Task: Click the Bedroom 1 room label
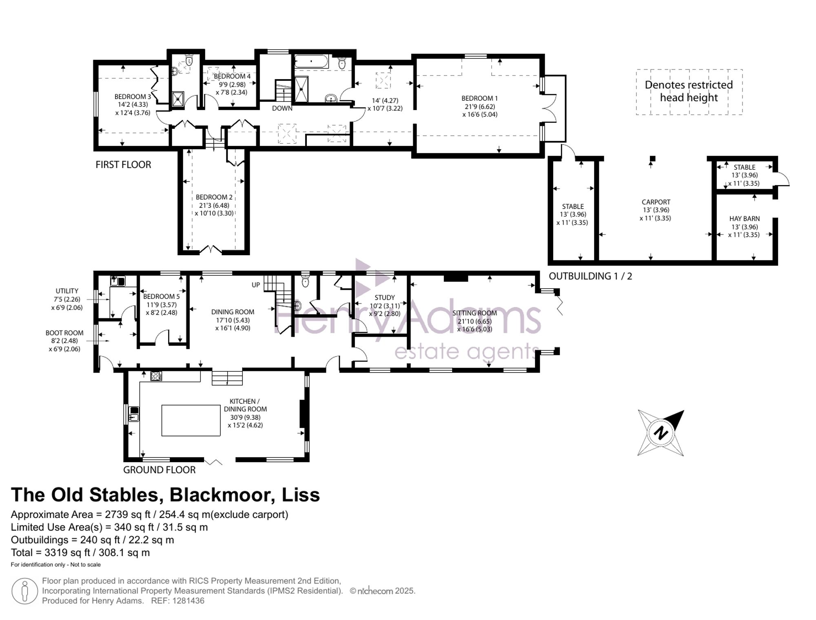coord(479,98)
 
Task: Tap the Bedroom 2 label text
coord(214,197)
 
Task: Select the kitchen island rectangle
coord(191,420)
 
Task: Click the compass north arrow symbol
coord(661,432)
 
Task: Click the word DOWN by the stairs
coord(282,108)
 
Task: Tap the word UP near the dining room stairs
coord(256,285)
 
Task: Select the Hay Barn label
coord(744,218)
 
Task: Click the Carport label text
coord(656,202)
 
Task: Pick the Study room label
coord(384,298)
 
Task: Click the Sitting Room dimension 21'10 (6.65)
coord(474,321)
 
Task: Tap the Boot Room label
coord(64,333)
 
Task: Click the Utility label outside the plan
coord(67,291)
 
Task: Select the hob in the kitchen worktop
coord(156,376)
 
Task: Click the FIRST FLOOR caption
coord(123,165)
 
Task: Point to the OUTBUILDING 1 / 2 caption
coord(590,276)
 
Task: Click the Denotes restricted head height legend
coord(689,91)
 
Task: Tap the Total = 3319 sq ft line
coord(80,553)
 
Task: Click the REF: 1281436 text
coord(177,601)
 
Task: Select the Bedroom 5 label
coord(161,297)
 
